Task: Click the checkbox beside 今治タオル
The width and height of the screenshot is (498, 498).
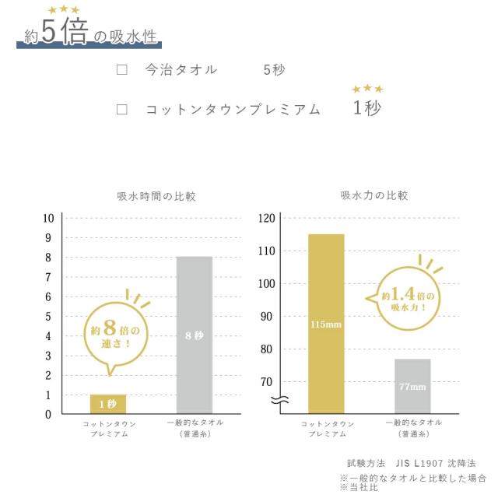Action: click(x=121, y=69)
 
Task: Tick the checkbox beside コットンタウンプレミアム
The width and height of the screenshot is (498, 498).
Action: click(x=121, y=110)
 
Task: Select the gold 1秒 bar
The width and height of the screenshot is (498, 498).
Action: click(x=107, y=404)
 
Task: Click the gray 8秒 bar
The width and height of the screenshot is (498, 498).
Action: click(x=195, y=335)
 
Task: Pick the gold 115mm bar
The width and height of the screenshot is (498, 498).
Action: click(x=326, y=323)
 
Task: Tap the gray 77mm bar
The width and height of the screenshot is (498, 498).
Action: click(x=412, y=386)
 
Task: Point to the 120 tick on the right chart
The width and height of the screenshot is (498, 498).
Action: click(x=267, y=219)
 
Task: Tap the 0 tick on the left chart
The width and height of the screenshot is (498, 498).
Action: click(x=48, y=414)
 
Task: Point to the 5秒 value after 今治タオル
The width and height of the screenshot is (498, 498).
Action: click(x=274, y=69)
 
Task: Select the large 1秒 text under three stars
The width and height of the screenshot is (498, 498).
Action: click(x=367, y=108)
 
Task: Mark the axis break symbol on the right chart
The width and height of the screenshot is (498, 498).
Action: click(x=281, y=401)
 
